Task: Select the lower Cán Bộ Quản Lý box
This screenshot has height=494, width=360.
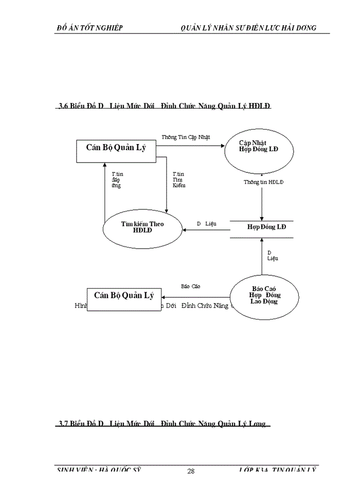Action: pos(123,297)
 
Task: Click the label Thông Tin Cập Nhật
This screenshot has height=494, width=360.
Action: pos(186,137)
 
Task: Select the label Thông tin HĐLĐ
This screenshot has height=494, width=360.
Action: pos(263,182)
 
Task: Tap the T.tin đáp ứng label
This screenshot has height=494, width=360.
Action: pos(117,180)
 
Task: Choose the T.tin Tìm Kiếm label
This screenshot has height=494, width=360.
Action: pos(178,180)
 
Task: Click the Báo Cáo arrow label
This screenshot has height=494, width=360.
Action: pos(190,286)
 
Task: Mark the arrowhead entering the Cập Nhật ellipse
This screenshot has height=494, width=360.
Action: pos(223,146)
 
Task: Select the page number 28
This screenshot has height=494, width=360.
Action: pos(191,471)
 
